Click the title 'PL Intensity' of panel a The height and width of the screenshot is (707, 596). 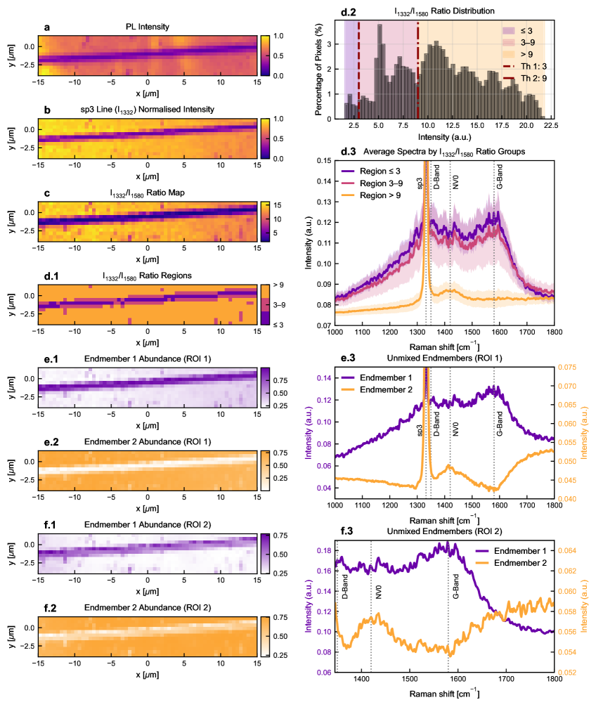pyautogui.click(x=148, y=28)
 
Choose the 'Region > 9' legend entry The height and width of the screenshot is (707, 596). pyautogui.click(x=380, y=193)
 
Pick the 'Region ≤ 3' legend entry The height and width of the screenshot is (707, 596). pyautogui.click(x=380, y=171)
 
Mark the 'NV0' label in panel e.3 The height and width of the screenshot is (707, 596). pyautogui.click(x=455, y=429)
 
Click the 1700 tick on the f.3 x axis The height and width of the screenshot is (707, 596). pyautogui.click(x=506, y=680)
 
